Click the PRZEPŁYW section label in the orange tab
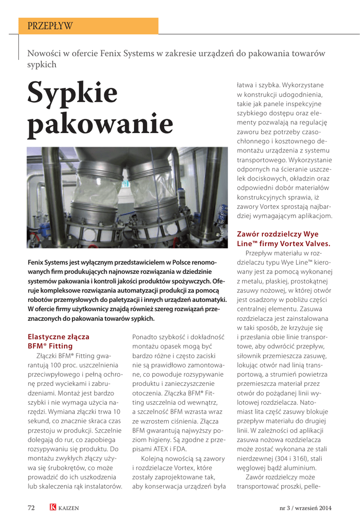50,26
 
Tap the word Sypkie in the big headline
72,94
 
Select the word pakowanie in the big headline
100,125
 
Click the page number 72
31,508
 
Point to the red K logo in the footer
53,508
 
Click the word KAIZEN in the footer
69,508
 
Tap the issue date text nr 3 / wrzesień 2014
305,508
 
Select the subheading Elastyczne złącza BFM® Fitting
58,341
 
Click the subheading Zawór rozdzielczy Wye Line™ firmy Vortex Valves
283,238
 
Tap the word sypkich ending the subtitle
42,65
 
